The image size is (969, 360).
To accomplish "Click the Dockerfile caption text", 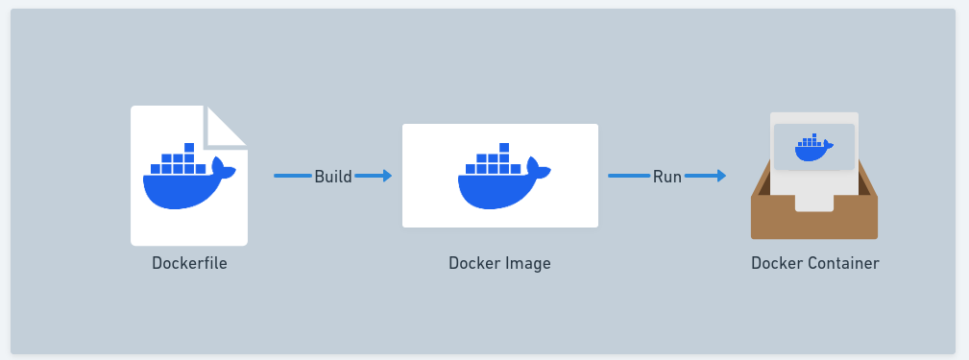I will click(x=189, y=263).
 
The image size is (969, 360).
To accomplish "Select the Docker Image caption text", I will click(x=499, y=263).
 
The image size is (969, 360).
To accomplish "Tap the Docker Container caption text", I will click(x=814, y=263).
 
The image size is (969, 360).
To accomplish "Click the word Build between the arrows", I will click(x=333, y=176).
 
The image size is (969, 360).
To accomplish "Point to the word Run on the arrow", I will click(x=667, y=176).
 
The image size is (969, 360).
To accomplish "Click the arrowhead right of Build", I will click(x=386, y=176).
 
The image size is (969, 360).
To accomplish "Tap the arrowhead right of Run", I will click(x=719, y=176).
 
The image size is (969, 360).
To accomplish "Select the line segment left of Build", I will click(x=293, y=176).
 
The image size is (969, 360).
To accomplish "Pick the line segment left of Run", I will click(x=629, y=176).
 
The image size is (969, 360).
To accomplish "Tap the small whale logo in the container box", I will click(x=813, y=148).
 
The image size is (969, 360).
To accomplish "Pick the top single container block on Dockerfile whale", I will click(x=189, y=148).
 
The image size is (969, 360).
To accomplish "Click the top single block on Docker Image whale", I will click(x=504, y=148).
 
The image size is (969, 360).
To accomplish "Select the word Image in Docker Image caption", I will click(x=527, y=263).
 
